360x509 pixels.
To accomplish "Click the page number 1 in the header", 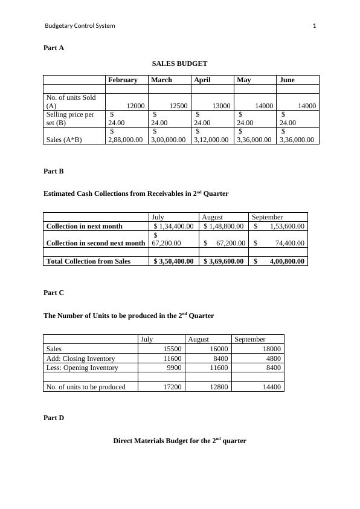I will pyautogui.click(x=314, y=26).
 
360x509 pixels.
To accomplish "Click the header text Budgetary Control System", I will pyautogui.click(x=80, y=26).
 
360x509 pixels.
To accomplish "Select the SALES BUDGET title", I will pyautogui.click(x=179, y=63).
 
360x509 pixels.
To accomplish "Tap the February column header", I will pyautogui.click(x=123, y=80).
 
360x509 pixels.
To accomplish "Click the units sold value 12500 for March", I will pyautogui.click(x=178, y=106).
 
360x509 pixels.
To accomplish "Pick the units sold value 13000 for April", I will pyautogui.click(x=221, y=106).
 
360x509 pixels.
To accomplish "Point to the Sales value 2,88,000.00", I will pyautogui.click(x=125, y=140).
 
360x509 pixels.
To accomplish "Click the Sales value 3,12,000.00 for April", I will pyautogui.click(x=211, y=140).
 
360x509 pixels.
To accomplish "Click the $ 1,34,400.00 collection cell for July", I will pyautogui.click(x=173, y=226).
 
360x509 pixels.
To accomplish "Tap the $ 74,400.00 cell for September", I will pyautogui.click(x=280, y=243).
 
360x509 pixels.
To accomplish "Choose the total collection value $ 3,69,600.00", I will pyautogui.click(x=223, y=261).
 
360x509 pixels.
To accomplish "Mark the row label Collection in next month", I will pyautogui.click(x=84, y=226).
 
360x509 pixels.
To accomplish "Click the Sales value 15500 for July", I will pyautogui.click(x=173, y=349).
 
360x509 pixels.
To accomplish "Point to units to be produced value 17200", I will pyautogui.click(x=173, y=387).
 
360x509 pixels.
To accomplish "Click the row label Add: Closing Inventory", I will pyautogui.click(x=80, y=358).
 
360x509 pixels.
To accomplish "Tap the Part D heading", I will pyautogui.click(x=54, y=418).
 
